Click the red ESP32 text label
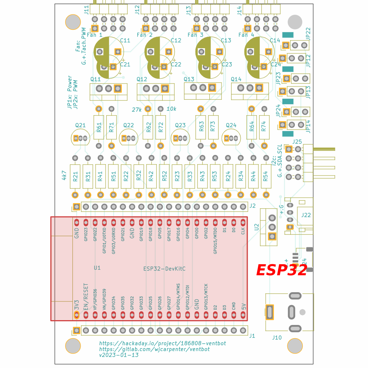point(282,270)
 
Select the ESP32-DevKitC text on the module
point(164,269)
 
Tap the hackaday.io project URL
point(162,343)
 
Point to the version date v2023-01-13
point(119,355)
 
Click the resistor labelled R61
point(99,127)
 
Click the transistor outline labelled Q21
point(80,138)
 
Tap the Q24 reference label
point(231,125)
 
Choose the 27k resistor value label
point(137,109)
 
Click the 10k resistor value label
point(171,109)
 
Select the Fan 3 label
point(195,35)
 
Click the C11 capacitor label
point(125,40)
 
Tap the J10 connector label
point(277,337)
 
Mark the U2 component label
point(256,227)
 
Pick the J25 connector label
point(297,142)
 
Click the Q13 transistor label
point(189,79)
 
